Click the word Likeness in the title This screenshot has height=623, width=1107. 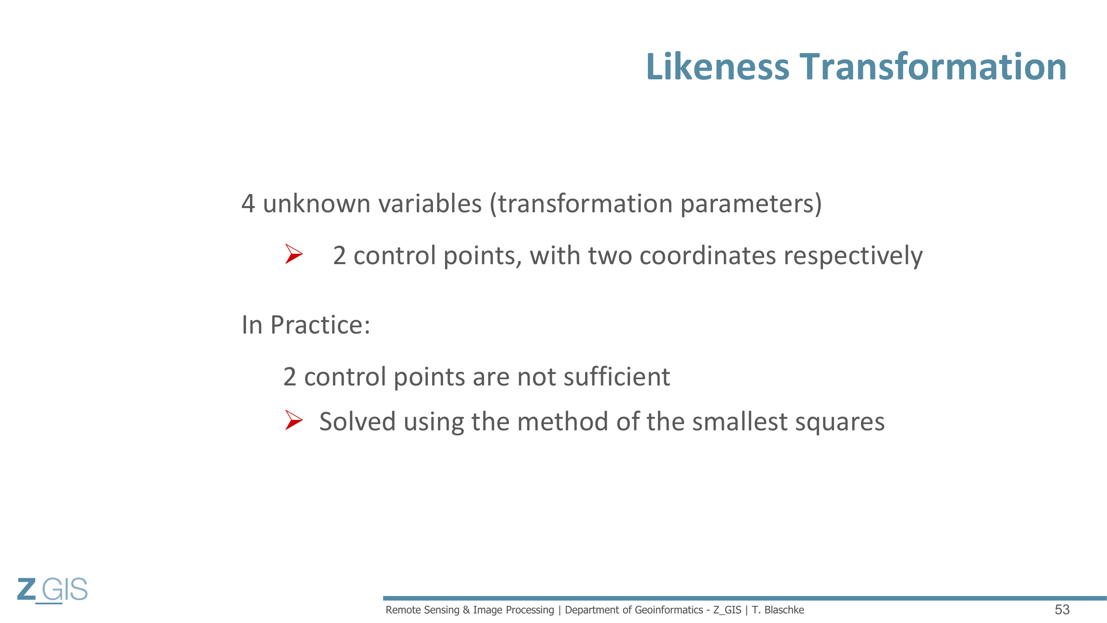click(718, 66)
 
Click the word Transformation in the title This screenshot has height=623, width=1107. click(933, 66)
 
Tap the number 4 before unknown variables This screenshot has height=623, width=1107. click(248, 204)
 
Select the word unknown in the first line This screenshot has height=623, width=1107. click(317, 204)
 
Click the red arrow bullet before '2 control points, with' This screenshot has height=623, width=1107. click(294, 254)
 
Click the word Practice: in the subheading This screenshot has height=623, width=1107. click(320, 325)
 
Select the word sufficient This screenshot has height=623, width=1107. click(617, 377)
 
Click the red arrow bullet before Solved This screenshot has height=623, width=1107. click(294, 420)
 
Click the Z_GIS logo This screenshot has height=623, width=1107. click(52, 590)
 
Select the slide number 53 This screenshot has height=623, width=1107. click(1062, 610)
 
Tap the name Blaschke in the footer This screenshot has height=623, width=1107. click(784, 610)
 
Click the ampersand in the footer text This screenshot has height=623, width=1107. click(466, 610)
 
